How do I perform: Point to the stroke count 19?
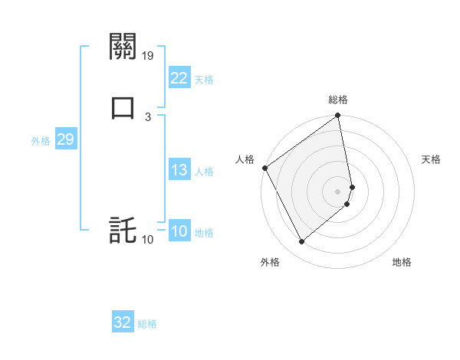click(x=149, y=56)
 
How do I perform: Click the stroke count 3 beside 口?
click(x=148, y=116)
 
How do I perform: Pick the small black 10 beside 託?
click(x=148, y=240)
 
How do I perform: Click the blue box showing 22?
click(x=179, y=77)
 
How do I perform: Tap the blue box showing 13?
click(x=179, y=170)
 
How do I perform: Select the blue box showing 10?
click(x=179, y=231)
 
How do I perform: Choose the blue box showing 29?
click(x=65, y=139)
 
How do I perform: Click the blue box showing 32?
click(x=123, y=322)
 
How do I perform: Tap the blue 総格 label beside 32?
click(x=147, y=324)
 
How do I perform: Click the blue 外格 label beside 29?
click(x=40, y=141)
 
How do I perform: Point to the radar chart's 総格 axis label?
click(x=338, y=100)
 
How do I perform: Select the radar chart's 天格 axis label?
click(x=432, y=159)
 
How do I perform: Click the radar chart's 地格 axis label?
click(x=402, y=263)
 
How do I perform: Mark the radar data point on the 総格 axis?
click(x=338, y=116)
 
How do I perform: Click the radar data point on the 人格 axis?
click(x=264, y=168)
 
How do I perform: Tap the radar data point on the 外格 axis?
click(x=302, y=242)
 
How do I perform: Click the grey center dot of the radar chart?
click(x=338, y=191)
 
